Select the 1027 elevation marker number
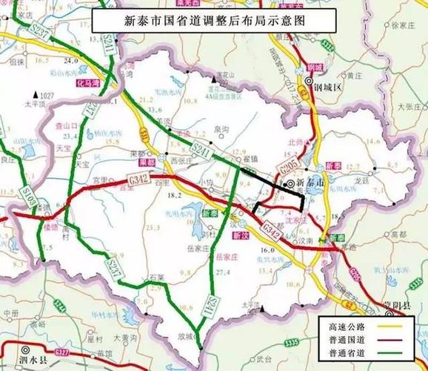click(x=49, y=96)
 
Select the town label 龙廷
click(x=361, y=179)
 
